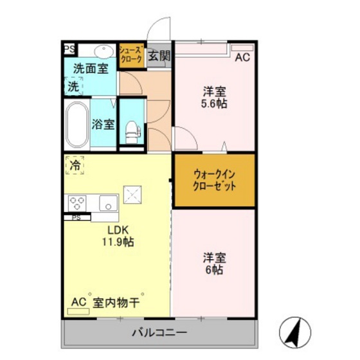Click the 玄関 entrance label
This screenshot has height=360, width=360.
(159, 55)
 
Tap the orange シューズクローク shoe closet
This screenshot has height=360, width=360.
(131, 55)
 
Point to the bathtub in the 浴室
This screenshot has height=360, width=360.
(77, 124)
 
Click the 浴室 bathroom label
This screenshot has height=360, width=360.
(103, 124)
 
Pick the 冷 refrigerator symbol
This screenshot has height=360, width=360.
(75, 166)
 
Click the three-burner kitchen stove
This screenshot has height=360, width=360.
(78, 203)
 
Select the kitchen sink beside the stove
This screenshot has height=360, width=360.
(107, 204)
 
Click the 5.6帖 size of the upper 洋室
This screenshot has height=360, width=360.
(214, 103)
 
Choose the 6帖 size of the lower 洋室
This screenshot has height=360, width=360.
(214, 271)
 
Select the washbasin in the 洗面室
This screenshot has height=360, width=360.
(103, 50)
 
